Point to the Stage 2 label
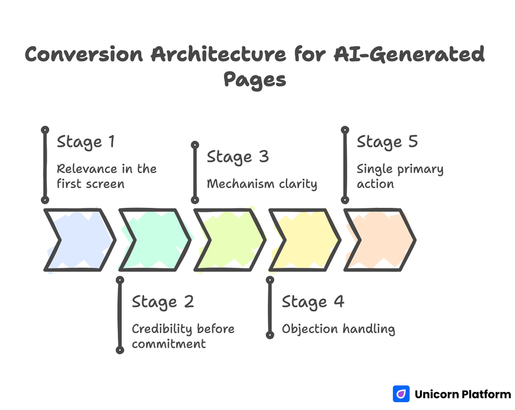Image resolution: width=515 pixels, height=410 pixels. (x=163, y=302)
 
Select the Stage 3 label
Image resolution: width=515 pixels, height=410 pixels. (x=238, y=157)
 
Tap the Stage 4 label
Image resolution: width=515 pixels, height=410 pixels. (x=313, y=302)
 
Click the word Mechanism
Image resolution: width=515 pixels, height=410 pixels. (x=240, y=184)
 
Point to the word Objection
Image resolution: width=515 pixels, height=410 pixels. (x=310, y=329)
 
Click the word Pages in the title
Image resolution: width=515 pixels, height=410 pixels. (x=255, y=80)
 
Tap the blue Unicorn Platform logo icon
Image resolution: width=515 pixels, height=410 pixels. (x=401, y=394)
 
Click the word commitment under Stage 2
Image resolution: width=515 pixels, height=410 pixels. (x=169, y=344)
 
